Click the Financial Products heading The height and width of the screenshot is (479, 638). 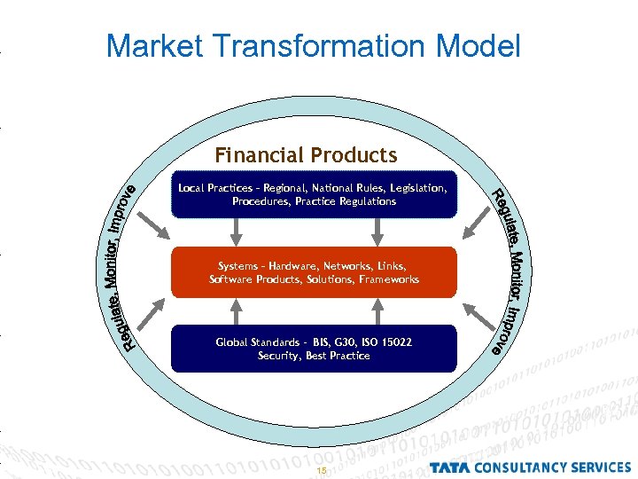[x=306, y=156]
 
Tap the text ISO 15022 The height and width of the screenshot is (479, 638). [x=388, y=342]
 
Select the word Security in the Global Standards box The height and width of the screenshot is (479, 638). [x=278, y=356]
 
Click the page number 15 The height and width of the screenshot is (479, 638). [x=322, y=470]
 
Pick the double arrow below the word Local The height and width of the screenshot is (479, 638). [x=236, y=232]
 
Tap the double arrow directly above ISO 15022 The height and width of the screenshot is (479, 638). [x=378, y=310]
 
